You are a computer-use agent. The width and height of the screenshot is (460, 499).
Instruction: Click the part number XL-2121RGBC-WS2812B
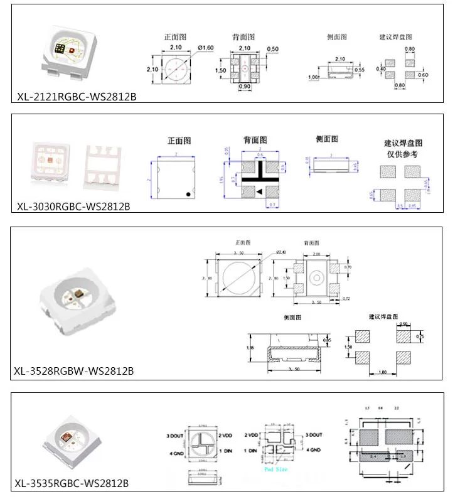click(x=77, y=97)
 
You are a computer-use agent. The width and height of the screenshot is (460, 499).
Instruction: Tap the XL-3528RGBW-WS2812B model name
click(x=73, y=371)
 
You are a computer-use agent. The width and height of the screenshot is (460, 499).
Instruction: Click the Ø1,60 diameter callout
click(x=205, y=48)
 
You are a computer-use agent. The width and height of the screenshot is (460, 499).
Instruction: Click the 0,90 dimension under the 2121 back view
click(x=245, y=87)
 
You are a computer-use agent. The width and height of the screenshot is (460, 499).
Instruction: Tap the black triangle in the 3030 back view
click(x=259, y=191)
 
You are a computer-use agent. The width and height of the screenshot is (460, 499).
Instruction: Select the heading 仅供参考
click(x=403, y=154)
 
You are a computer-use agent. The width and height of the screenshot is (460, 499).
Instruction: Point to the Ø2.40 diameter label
click(x=280, y=252)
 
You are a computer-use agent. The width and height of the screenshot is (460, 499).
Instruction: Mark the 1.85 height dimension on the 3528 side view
click(x=251, y=347)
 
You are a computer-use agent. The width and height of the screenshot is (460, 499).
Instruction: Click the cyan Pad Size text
click(x=276, y=468)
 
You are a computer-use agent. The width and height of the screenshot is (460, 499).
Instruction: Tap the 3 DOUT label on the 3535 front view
click(x=174, y=436)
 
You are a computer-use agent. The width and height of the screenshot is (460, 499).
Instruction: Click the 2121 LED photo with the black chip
click(x=65, y=51)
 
